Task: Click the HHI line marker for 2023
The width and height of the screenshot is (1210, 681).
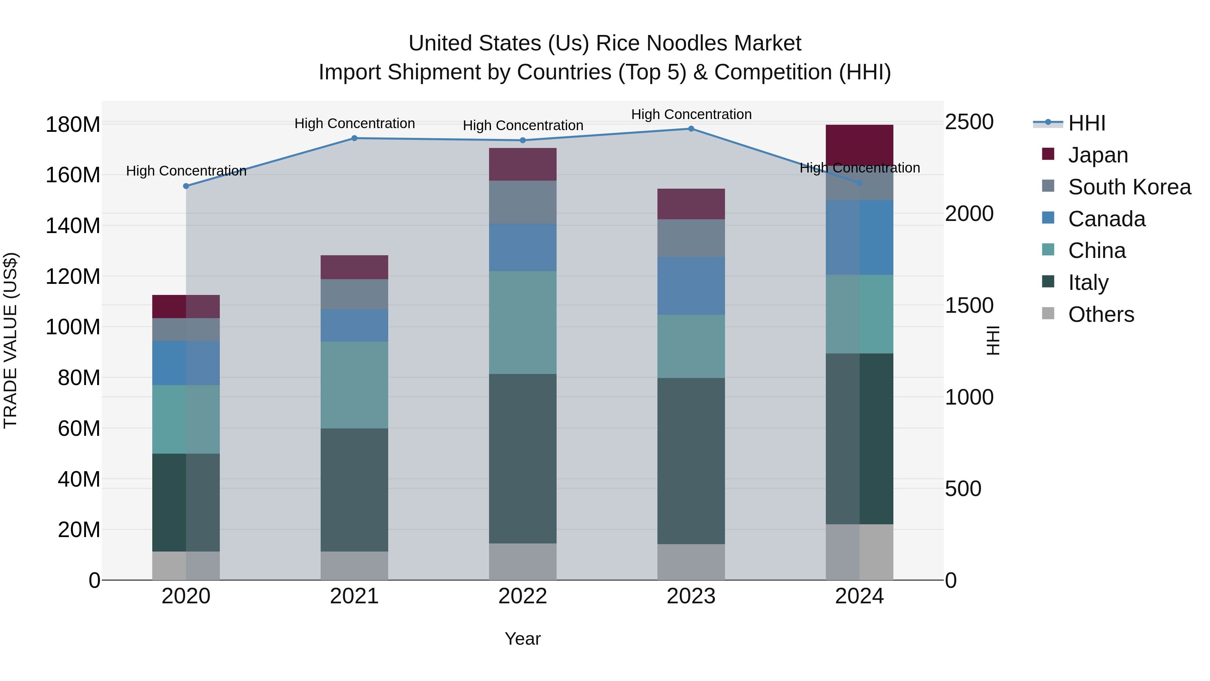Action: [691, 129]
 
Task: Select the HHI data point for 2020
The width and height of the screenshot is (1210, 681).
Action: [186, 186]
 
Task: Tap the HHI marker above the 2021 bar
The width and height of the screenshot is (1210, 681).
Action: [355, 138]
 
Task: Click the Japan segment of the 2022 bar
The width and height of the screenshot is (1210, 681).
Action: [523, 164]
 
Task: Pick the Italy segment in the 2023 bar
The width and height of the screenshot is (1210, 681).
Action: [691, 461]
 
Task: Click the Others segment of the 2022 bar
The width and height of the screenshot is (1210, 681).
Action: [523, 562]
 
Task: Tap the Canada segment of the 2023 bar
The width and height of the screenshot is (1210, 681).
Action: [691, 286]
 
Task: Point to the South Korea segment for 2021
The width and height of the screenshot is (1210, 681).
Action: [355, 294]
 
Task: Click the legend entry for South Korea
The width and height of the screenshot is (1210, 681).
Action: [1129, 187]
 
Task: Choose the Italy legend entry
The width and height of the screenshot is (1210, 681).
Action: [1088, 282]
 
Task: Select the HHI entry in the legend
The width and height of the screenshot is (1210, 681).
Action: [1086, 123]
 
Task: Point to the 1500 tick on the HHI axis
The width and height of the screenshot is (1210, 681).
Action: [969, 305]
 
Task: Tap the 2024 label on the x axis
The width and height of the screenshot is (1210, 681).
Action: [859, 596]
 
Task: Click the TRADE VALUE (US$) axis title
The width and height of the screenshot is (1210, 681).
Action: [11, 340]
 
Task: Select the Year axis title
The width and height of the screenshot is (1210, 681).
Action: [522, 639]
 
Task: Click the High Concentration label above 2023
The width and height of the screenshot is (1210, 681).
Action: [691, 114]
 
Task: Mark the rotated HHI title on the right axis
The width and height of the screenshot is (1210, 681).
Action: [993, 340]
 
